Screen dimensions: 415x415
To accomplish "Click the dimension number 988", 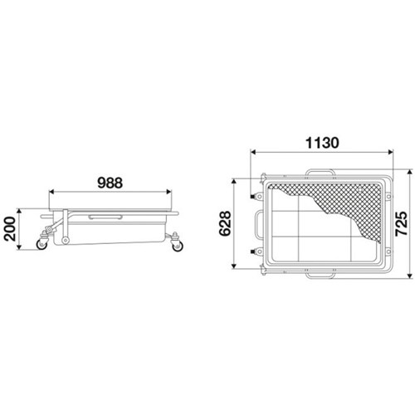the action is coord(110,183).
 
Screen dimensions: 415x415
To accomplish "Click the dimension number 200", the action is coord(10,229).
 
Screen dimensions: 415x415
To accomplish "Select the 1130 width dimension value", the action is coord(322,143).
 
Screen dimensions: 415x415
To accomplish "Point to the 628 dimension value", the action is coord(225,223).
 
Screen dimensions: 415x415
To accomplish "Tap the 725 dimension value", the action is coord(401,224).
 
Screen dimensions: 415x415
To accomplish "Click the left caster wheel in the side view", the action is coord(42,244).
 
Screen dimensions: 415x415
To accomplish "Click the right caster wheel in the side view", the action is coord(178,246).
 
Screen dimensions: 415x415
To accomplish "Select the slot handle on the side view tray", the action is coord(105,217).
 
